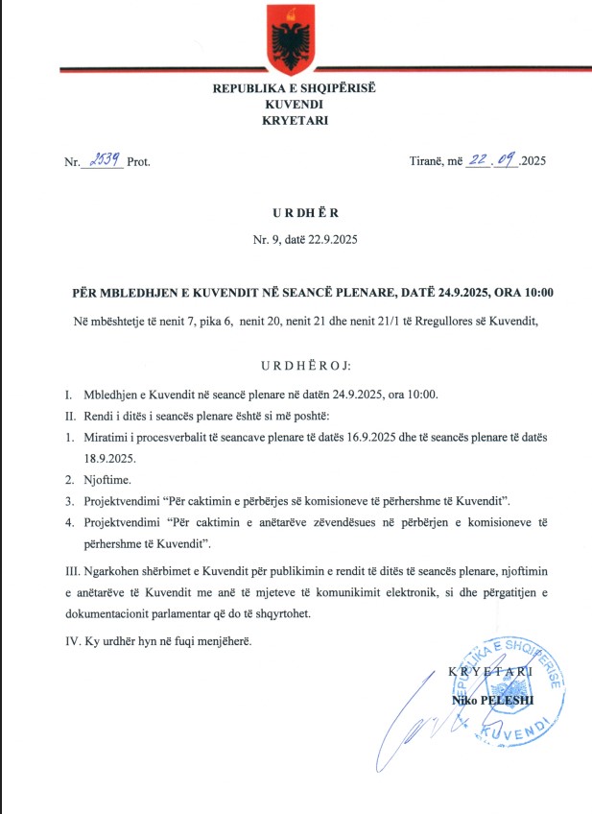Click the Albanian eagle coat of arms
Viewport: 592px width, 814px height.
[296, 36]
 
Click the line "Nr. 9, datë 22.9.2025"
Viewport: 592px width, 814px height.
[296, 237]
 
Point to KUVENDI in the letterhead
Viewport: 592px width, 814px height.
[296, 103]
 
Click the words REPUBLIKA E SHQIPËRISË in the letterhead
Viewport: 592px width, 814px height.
[296, 87]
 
